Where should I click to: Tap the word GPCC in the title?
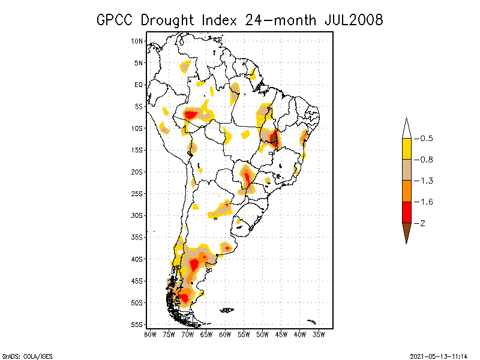[118, 20]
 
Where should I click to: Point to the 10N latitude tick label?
[137, 41]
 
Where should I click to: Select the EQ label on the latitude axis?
[139, 85]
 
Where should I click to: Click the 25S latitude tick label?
[137, 193]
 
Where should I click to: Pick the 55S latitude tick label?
[137, 324]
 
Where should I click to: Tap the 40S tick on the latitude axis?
[137, 259]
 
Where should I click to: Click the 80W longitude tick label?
[150, 335]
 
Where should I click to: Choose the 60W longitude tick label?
[225, 335]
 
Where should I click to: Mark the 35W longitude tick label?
[319, 335]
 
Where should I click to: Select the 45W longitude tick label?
[281, 335]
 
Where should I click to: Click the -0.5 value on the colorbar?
[427, 139]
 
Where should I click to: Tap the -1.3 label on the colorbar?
[427, 181]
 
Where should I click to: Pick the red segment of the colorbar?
[407, 212]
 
